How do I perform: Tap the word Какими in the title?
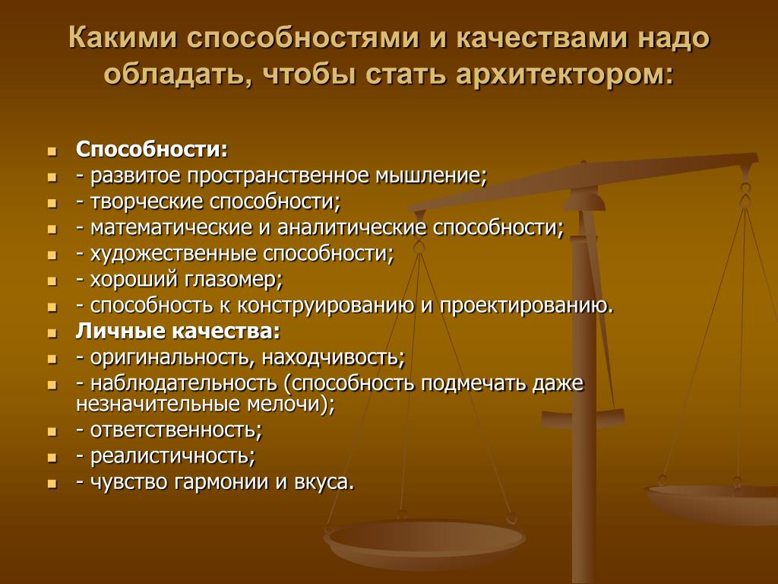122,38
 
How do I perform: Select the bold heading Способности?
152,150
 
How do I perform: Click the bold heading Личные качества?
178,332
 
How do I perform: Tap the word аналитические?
352,227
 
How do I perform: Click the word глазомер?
234,280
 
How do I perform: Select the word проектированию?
524,306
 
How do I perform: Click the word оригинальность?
173,357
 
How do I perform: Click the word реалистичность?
172,456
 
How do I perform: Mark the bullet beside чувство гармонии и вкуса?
52,483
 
